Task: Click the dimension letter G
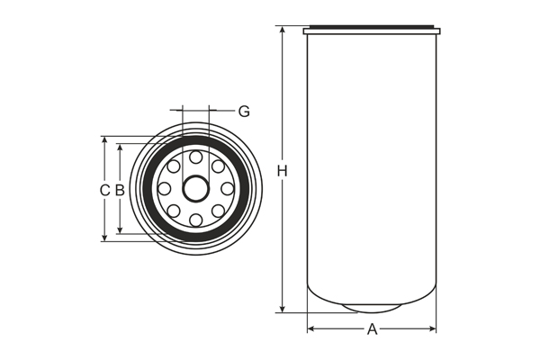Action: coord(244,112)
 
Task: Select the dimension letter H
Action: coord(282,171)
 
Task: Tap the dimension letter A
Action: coord(372,329)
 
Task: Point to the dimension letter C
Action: coord(103,190)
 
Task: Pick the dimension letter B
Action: coord(119,190)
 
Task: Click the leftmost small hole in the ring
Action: coord(165,189)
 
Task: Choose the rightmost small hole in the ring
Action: coord(228,189)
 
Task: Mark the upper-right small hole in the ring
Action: coord(219,166)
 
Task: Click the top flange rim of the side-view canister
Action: coord(372,31)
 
